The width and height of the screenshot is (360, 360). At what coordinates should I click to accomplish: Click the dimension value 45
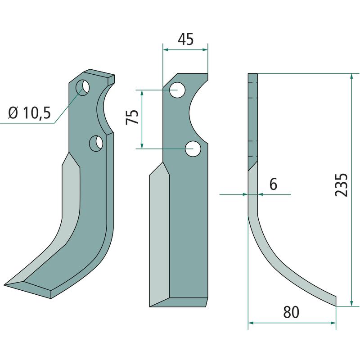(186, 39)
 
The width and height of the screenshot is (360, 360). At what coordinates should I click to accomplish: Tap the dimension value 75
(132, 117)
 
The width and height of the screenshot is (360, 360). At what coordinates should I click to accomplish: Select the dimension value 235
(342, 185)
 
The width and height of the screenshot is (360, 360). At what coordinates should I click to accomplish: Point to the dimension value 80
(291, 312)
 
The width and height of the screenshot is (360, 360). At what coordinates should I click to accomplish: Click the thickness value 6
(273, 184)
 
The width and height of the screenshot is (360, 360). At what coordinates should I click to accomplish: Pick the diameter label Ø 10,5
(29, 113)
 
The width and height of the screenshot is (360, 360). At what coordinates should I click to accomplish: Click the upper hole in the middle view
(177, 90)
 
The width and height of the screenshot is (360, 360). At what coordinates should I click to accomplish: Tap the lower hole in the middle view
(193, 149)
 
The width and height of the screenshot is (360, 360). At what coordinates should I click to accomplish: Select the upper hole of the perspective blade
(83, 87)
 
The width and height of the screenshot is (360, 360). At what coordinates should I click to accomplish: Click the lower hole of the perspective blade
(96, 144)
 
